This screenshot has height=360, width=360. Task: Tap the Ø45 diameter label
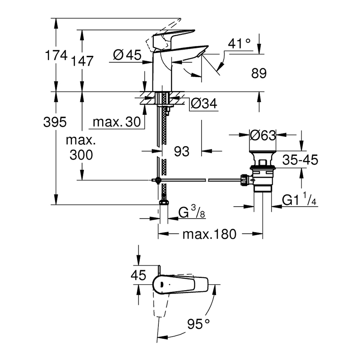(x=127, y=55)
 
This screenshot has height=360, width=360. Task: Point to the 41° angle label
(x=239, y=44)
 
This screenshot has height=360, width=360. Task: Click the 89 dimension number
(x=259, y=73)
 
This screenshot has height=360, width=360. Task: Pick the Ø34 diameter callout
(x=204, y=103)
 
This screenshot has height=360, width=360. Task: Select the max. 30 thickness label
(x=116, y=122)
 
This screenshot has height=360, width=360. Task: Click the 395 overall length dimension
(x=55, y=122)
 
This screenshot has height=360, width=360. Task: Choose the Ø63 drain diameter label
(x=263, y=136)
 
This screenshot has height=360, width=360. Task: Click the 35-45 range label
(x=300, y=160)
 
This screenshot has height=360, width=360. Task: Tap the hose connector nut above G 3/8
(x=163, y=199)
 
